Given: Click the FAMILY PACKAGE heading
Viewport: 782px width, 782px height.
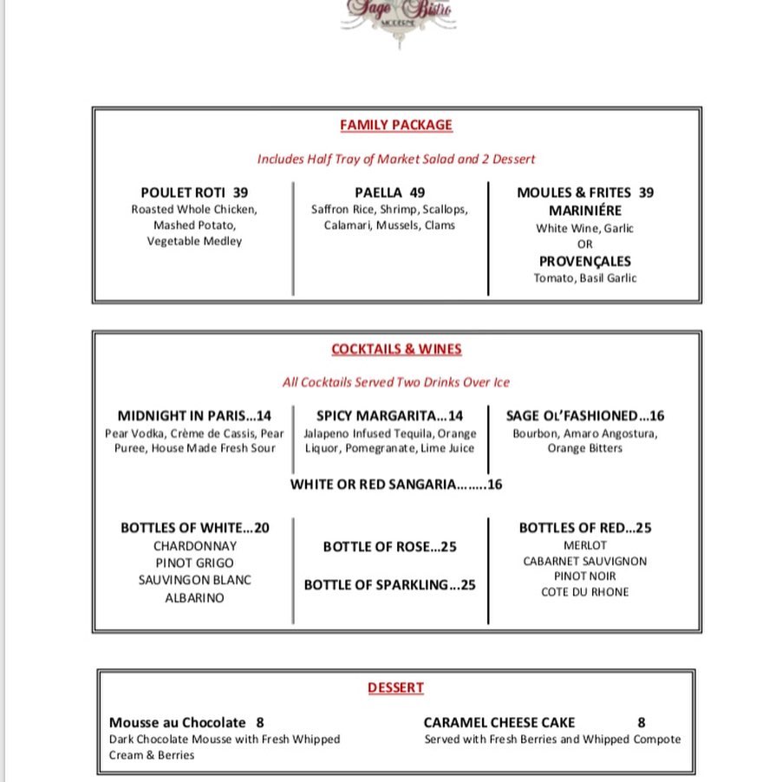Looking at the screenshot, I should tap(396, 125).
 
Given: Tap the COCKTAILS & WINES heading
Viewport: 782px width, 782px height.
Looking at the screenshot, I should tap(396, 349).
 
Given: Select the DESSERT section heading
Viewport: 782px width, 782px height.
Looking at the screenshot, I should tap(395, 688).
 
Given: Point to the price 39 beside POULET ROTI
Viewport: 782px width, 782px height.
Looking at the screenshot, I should tap(240, 192).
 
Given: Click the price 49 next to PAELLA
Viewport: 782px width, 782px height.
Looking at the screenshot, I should tap(417, 192).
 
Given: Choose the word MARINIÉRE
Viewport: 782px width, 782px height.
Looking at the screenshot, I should tap(585, 211).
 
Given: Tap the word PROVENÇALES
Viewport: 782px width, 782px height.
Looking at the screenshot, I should tap(585, 261).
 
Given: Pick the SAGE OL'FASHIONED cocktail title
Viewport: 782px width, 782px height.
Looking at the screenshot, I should tap(572, 416).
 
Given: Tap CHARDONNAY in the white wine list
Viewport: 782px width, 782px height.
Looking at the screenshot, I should tap(195, 546).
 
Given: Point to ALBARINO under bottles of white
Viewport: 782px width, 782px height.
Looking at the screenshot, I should tap(195, 598).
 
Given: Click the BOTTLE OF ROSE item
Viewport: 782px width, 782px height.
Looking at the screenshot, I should tap(389, 547).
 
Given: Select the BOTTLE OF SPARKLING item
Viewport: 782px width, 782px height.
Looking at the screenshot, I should tap(389, 585).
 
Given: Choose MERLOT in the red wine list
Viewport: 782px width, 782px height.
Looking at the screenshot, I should tap(585, 545).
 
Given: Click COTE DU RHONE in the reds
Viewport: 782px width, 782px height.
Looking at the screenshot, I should tap(585, 592).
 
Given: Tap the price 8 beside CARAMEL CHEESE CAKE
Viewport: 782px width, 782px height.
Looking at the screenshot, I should tap(642, 722).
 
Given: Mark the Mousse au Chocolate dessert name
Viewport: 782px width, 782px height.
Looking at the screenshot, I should tap(177, 722).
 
